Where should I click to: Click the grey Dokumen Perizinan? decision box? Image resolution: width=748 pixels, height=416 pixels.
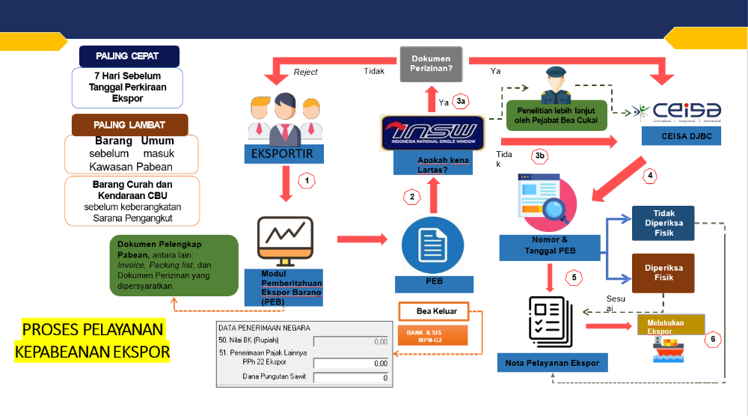(430, 64)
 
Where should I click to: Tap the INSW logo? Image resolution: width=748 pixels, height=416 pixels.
(432, 132)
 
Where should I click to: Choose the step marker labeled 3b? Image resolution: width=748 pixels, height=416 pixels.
(540, 156)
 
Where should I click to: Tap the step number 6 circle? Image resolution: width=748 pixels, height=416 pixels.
(714, 339)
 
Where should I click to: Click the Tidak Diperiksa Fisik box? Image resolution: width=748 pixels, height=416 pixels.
(663, 223)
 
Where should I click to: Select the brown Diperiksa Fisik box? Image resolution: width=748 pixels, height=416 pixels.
(663, 272)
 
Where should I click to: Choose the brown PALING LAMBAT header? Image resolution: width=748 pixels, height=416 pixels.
(129, 124)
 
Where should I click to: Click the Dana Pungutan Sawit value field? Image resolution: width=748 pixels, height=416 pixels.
(351, 378)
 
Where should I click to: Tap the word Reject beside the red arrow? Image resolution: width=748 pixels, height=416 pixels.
(305, 72)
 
